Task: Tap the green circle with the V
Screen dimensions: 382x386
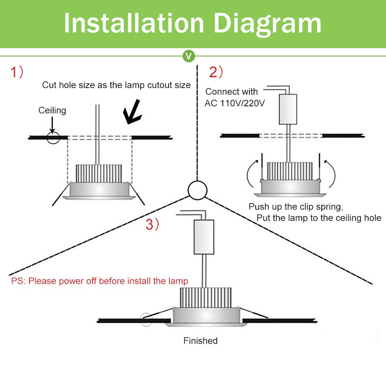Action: (x=189, y=56)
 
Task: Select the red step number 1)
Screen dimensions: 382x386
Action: (x=17, y=72)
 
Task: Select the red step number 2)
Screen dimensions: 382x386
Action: (x=216, y=72)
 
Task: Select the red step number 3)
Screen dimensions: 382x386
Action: (x=152, y=225)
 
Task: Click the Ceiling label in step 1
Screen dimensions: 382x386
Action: (x=52, y=110)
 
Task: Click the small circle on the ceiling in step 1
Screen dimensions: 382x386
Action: (x=53, y=137)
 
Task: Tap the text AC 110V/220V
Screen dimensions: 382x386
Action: (x=234, y=103)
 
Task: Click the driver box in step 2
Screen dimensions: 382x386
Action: (x=288, y=109)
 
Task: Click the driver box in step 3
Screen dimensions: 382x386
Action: (x=204, y=237)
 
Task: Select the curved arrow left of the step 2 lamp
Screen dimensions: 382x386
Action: (x=251, y=174)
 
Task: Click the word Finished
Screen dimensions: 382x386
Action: (x=200, y=341)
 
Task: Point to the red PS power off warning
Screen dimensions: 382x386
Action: (x=100, y=281)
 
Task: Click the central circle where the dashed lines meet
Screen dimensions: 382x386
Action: (x=197, y=190)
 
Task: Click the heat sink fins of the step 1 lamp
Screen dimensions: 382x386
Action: (x=99, y=173)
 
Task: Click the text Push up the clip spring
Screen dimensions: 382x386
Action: (x=296, y=206)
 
